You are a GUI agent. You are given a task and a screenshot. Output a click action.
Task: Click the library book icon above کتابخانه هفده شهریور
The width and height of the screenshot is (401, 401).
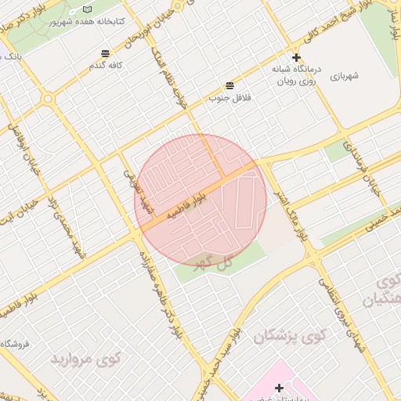pyautogui.click(x=87, y=9)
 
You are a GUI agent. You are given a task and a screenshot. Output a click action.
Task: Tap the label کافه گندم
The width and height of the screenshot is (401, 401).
pyautogui.click(x=108, y=65)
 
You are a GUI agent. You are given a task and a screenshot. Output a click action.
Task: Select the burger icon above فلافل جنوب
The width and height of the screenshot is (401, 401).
pyautogui.click(x=229, y=85)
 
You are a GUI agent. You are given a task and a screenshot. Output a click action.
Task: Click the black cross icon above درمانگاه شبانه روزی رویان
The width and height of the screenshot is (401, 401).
pyautogui.click(x=296, y=57)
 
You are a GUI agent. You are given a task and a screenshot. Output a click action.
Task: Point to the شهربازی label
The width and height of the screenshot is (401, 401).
pyautogui.click(x=343, y=76)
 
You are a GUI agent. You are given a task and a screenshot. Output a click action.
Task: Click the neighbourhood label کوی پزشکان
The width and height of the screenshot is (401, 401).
pyautogui.click(x=288, y=337)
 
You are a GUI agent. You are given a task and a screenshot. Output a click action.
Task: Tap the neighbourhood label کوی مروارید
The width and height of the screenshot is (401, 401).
pyautogui.click(x=86, y=359)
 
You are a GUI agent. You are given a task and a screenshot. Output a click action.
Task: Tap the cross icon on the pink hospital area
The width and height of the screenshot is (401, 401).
pyautogui.click(x=279, y=388)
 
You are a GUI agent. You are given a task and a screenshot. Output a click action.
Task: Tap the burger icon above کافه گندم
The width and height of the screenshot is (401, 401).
pyautogui.click(x=105, y=52)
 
